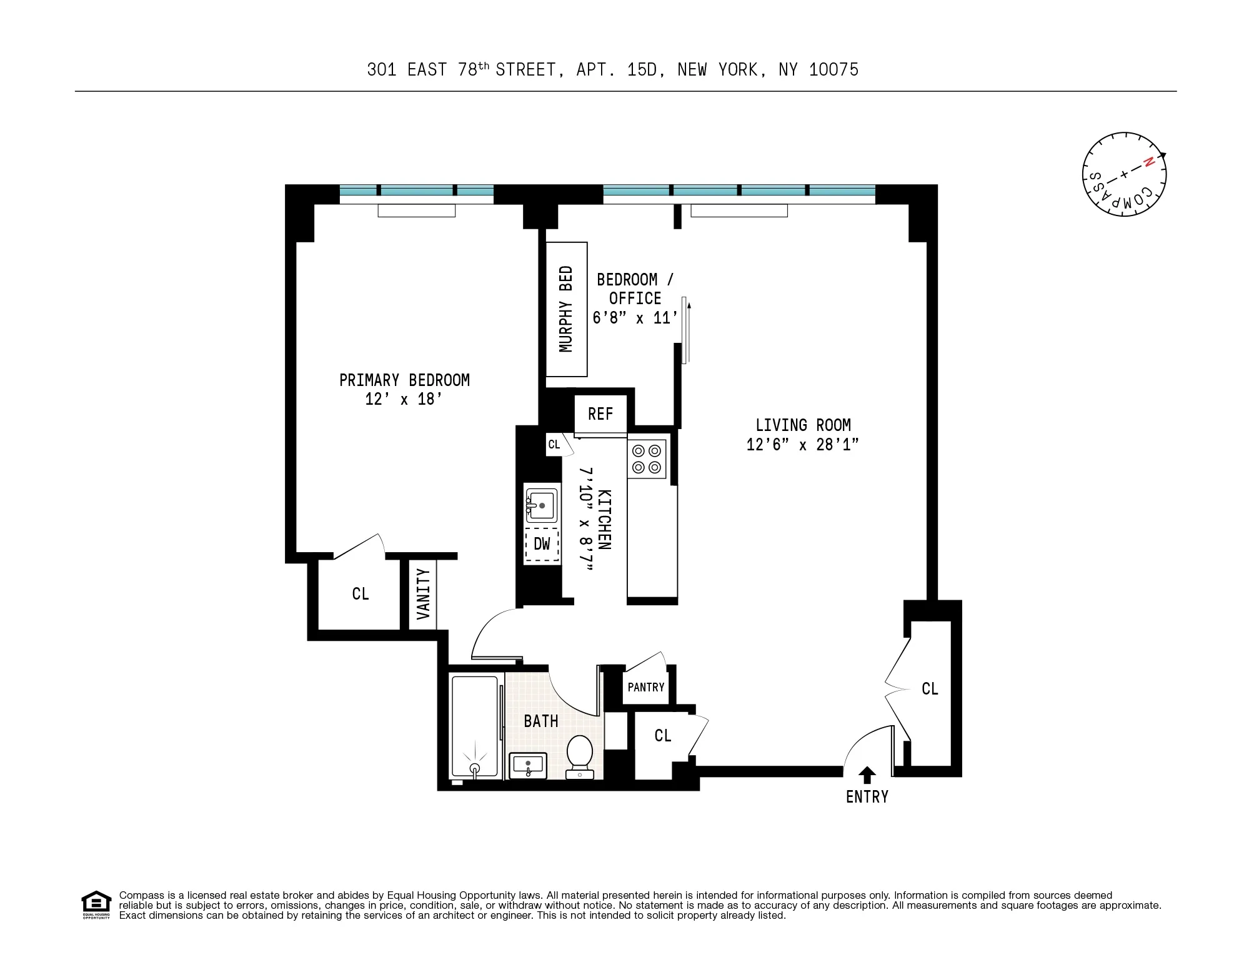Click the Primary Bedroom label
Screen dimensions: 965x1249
point(404,380)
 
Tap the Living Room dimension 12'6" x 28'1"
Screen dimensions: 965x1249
point(802,445)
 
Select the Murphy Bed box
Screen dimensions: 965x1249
point(566,309)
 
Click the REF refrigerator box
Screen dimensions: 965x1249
point(600,414)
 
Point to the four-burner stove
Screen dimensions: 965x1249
point(647,459)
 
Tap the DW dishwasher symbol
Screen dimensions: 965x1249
point(542,544)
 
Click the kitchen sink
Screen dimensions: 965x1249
point(541,505)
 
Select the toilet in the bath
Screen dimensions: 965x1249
point(580,755)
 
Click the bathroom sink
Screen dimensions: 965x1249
point(529,765)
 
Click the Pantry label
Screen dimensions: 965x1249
point(646,688)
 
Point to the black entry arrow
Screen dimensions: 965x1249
point(867,775)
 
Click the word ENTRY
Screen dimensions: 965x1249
point(867,797)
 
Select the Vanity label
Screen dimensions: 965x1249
point(423,594)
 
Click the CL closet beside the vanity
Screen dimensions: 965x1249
point(361,594)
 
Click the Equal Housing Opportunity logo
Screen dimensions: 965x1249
point(96,904)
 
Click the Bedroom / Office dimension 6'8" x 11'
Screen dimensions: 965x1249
point(635,318)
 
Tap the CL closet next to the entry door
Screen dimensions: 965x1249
point(930,689)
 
